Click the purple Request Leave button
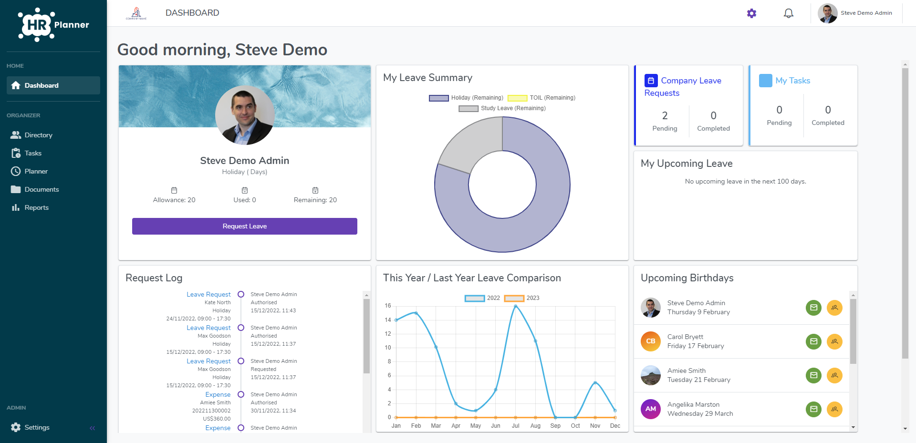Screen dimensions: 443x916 [244, 226]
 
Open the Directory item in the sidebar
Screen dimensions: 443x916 [38, 135]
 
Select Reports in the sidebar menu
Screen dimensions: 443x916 [36, 207]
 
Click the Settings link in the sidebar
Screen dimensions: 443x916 [37, 427]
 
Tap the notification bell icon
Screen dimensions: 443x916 [789, 13]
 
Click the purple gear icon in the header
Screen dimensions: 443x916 [751, 13]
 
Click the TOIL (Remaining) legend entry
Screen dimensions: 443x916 [541, 98]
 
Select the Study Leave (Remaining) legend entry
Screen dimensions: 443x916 [502, 108]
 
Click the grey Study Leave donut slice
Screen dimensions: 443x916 [470, 143]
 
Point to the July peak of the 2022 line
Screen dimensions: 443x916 [516, 306]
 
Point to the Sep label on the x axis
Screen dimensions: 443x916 [555, 426]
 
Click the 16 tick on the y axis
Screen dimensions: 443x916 [388, 306]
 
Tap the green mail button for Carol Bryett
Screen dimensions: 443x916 [813, 341]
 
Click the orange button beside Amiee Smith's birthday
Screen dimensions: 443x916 [834, 375]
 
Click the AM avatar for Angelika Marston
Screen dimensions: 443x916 [651, 409]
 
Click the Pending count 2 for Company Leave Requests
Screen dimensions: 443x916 [665, 116]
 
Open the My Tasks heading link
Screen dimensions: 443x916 [792, 81]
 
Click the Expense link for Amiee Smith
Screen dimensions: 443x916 [218, 394]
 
